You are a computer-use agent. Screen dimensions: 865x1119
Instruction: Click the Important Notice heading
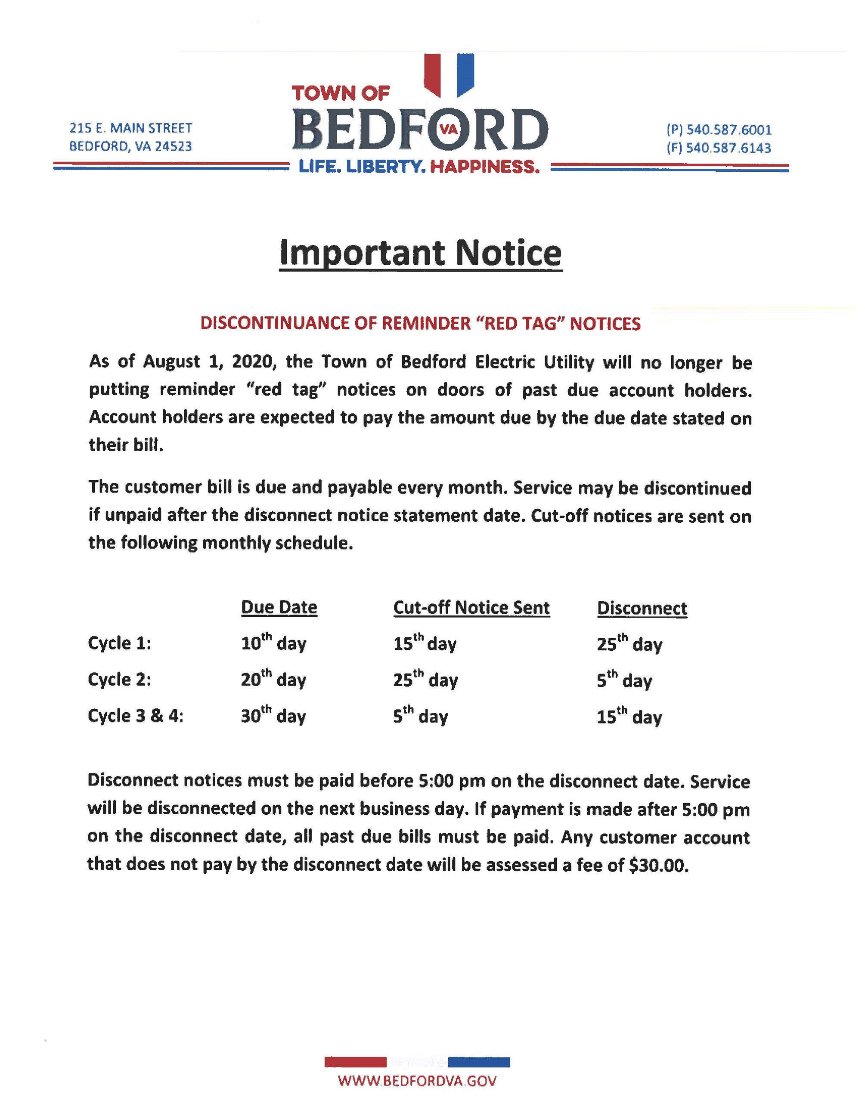tap(420, 253)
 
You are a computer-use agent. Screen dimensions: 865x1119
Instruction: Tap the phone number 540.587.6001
tap(729, 130)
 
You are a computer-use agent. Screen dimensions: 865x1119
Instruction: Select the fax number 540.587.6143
tap(729, 148)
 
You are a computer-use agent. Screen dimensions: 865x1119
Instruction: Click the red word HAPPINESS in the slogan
tap(485, 167)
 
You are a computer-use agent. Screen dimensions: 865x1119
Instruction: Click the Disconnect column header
tap(642, 608)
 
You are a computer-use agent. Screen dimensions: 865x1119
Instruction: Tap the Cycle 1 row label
tap(119, 643)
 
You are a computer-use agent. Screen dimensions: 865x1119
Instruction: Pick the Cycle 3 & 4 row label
tap(136, 716)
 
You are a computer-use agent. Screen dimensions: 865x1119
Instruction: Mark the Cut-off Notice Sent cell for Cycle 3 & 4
tap(420, 715)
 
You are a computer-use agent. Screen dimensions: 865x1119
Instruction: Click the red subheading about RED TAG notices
tap(420, 323)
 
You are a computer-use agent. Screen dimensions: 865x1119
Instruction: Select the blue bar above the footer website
tap(479, 1062)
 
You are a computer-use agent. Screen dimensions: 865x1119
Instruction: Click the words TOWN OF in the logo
tap(341, 93)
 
